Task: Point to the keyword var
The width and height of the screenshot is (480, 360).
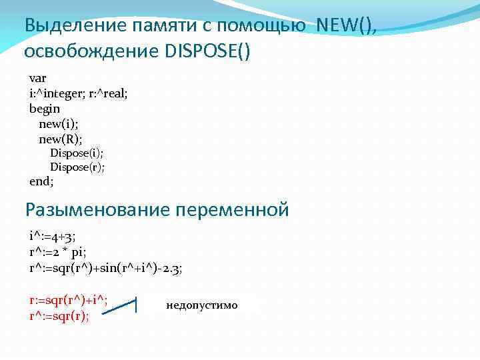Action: [38, 78]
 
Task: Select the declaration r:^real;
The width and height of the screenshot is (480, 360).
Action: [108, 93]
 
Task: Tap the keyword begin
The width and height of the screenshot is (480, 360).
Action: [45, 109]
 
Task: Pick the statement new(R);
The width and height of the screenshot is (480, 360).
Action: [61, 139]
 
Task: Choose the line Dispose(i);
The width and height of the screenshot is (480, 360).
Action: [77, 153]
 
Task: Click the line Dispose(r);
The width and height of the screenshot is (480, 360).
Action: [77, 167]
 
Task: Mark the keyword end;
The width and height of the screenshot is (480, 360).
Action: [41, 181]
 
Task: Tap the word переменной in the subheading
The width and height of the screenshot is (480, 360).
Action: [232, 210]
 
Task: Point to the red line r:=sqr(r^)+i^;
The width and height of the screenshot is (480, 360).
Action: [69, 300]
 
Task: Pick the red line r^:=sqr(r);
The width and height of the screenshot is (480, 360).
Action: [60, 315]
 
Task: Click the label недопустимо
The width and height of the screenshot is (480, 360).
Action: [201, 305]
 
